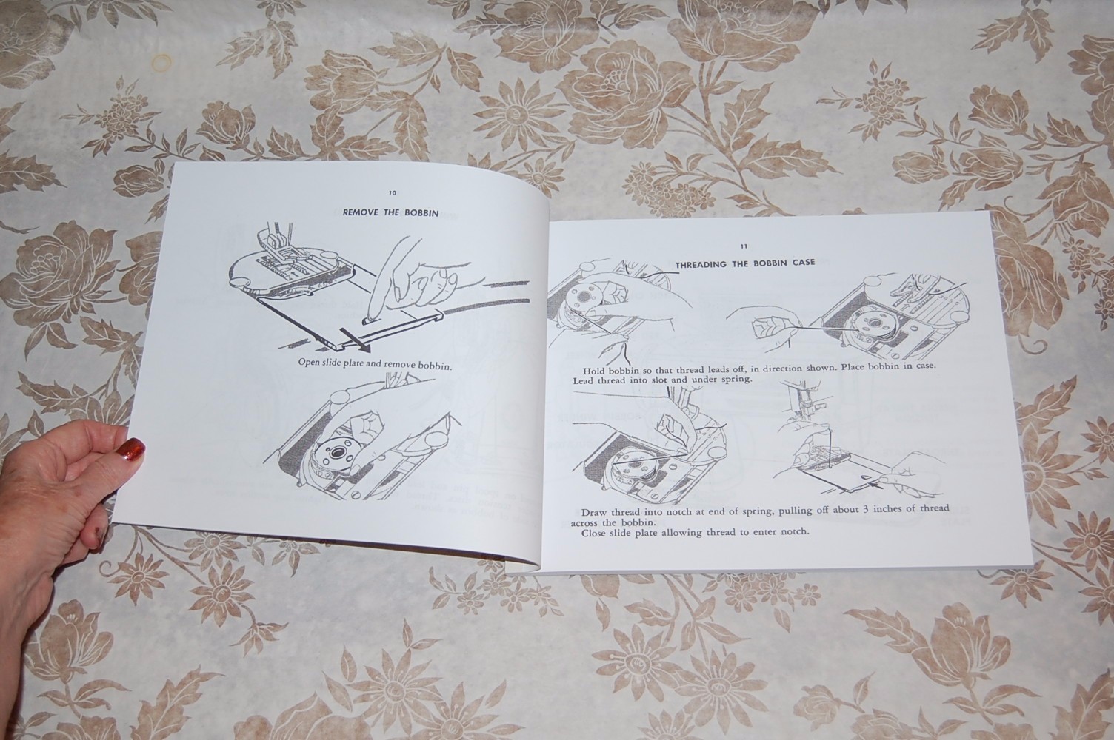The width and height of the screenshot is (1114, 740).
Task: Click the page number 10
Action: (392, 192)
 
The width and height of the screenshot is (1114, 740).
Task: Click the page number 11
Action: (744, 246)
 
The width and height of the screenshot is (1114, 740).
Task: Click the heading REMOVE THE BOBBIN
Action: (390, 213)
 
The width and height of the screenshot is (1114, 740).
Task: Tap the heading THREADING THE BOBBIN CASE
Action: (744, 263)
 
